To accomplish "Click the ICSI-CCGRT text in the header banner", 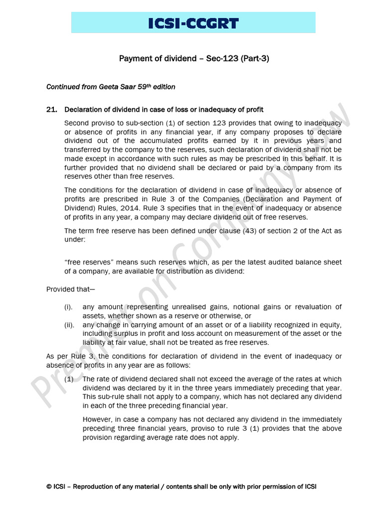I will [x=193, y=23].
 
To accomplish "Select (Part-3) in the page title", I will [x=255, y=59].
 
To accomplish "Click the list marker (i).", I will [x=68, y=307].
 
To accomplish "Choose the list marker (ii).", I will [x=69, y=324].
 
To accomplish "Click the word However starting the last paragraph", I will [x=98, y=420].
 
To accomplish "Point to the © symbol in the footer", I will [x=49, y=487].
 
